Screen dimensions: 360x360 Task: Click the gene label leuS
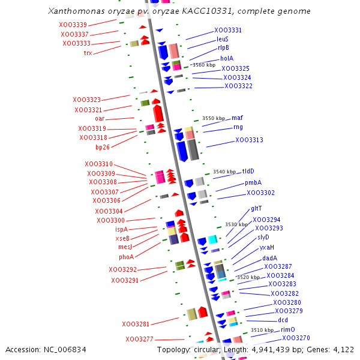[223, 39]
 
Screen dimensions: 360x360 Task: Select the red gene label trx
[88, 53]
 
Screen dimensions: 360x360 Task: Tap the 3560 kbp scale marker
[203, 65]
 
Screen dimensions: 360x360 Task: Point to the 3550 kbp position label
[214, 119]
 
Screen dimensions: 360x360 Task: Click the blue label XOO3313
[249, 140]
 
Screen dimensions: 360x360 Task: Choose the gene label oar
[100, 119]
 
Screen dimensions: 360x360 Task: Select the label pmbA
[253, 183]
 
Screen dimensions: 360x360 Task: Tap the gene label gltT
[256, 208]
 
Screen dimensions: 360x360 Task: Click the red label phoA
[126, 257]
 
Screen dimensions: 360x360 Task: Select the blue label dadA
[269, 258]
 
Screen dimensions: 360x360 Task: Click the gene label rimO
[288, 329]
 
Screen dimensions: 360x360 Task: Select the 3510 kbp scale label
[262, 330]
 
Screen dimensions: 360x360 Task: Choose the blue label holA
[227, 58]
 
